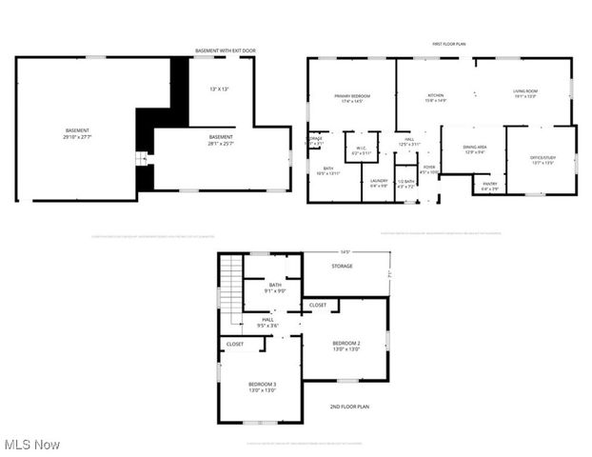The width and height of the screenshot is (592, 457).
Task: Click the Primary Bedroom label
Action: point(351,98)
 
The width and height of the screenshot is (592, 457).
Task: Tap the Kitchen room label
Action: point(436,97)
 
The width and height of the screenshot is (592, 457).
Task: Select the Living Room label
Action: point(525,94)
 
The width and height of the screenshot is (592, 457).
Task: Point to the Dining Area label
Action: point(475,149)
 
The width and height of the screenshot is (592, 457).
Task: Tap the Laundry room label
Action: point(378,183)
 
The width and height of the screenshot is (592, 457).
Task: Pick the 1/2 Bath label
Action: point(406,183)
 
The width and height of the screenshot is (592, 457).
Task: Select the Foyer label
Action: point(429,169)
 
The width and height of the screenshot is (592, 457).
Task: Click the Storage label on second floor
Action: point(343,267)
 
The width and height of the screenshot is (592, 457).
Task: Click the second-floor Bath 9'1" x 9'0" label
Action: point(275,288)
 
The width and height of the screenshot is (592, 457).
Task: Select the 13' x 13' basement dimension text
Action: point(220,89)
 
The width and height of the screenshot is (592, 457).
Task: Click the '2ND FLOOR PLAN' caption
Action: point(349,407)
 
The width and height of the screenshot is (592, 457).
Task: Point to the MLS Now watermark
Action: point(31,445)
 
